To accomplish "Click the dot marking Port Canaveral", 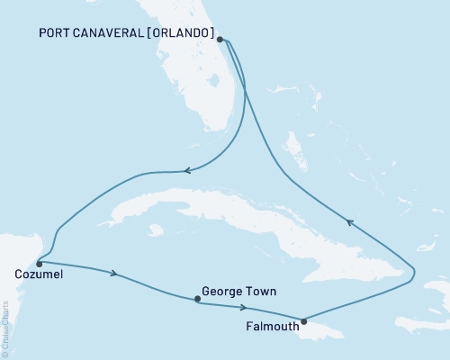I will [221, 40].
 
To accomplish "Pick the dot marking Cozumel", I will [39, 264].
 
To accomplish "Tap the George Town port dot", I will [196, 300].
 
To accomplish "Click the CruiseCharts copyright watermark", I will [4, 329].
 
